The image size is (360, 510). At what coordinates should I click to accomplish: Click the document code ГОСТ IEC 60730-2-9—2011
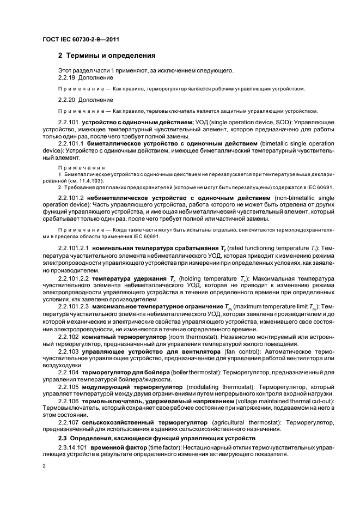pos(81,39)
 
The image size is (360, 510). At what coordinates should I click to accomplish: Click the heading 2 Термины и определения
pos(107,56)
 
